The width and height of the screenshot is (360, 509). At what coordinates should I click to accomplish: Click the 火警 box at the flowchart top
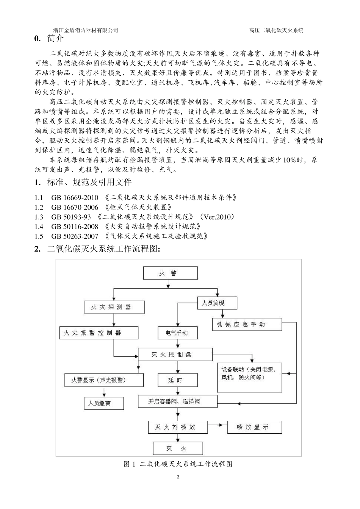[x=170, y=273]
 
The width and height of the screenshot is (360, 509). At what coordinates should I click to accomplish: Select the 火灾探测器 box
[x=114, y=307]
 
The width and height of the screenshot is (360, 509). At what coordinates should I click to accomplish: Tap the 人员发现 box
[x=217, y=303]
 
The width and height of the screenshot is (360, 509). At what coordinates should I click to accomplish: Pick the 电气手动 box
[x=177, y=333]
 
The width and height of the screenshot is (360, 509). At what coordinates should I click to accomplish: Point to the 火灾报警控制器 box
[x=99, y=333]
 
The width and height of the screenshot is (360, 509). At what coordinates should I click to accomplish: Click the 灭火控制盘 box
[x=175, y=354]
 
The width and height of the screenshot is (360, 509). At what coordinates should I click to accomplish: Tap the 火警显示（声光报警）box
[x=104, y=380]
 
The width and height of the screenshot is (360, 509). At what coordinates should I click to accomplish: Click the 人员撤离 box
[x=103, y=403]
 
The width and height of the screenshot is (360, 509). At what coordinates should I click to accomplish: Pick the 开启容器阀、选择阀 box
[x=177, y=401]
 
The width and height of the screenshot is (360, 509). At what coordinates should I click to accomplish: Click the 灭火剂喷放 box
[x=177, y=427]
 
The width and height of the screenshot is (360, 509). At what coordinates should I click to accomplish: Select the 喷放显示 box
[x=254, y=427]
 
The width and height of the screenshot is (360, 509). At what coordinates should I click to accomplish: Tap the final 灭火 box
[x=177, y=448]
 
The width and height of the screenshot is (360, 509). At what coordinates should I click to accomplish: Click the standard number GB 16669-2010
[x=75, y=197]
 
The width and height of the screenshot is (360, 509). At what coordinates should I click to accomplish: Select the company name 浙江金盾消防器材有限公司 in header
[x=86, y=30]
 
